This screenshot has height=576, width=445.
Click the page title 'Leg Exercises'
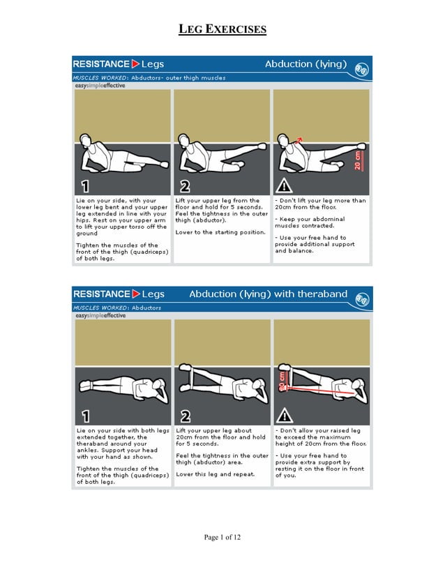pyautogui.click(x=222, y=29)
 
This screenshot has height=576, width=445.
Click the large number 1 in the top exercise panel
pyautogui.click(x=85, y=186)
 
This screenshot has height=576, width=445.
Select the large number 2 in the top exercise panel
pyautogui.click(x=185, y=186)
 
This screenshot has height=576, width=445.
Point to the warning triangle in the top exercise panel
pyautogui.click(x=284, y=186)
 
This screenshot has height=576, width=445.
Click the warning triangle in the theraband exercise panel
pyautogui.click(x=284, y=416)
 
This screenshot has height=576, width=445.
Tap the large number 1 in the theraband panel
pyautogui.click(x=85, y=416)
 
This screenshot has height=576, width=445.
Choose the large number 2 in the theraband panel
pyautogui.click(x=185, y=416)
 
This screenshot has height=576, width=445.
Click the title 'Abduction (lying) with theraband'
pyautogui.click(x=268, y=294)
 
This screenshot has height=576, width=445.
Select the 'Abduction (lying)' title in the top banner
pyautogui.click(x=305, y=64)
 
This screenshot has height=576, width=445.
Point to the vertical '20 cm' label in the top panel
pyautogui.click(x=358, y=160)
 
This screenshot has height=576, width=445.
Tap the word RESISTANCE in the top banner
pyautogui.click(x=102, y=64)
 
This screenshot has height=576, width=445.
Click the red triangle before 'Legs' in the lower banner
pyautogui.click(x=137, y=294)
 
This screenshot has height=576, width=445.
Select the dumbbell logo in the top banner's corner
pyautogui.click(x=361, y=68)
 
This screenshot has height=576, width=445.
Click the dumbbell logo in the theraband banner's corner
pyautogui.click(x=361, y=298)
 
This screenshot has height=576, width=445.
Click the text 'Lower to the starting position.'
pyautogui.click(x=220, y=232)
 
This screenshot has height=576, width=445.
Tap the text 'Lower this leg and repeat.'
pyautogui.click(x=215, y=474)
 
